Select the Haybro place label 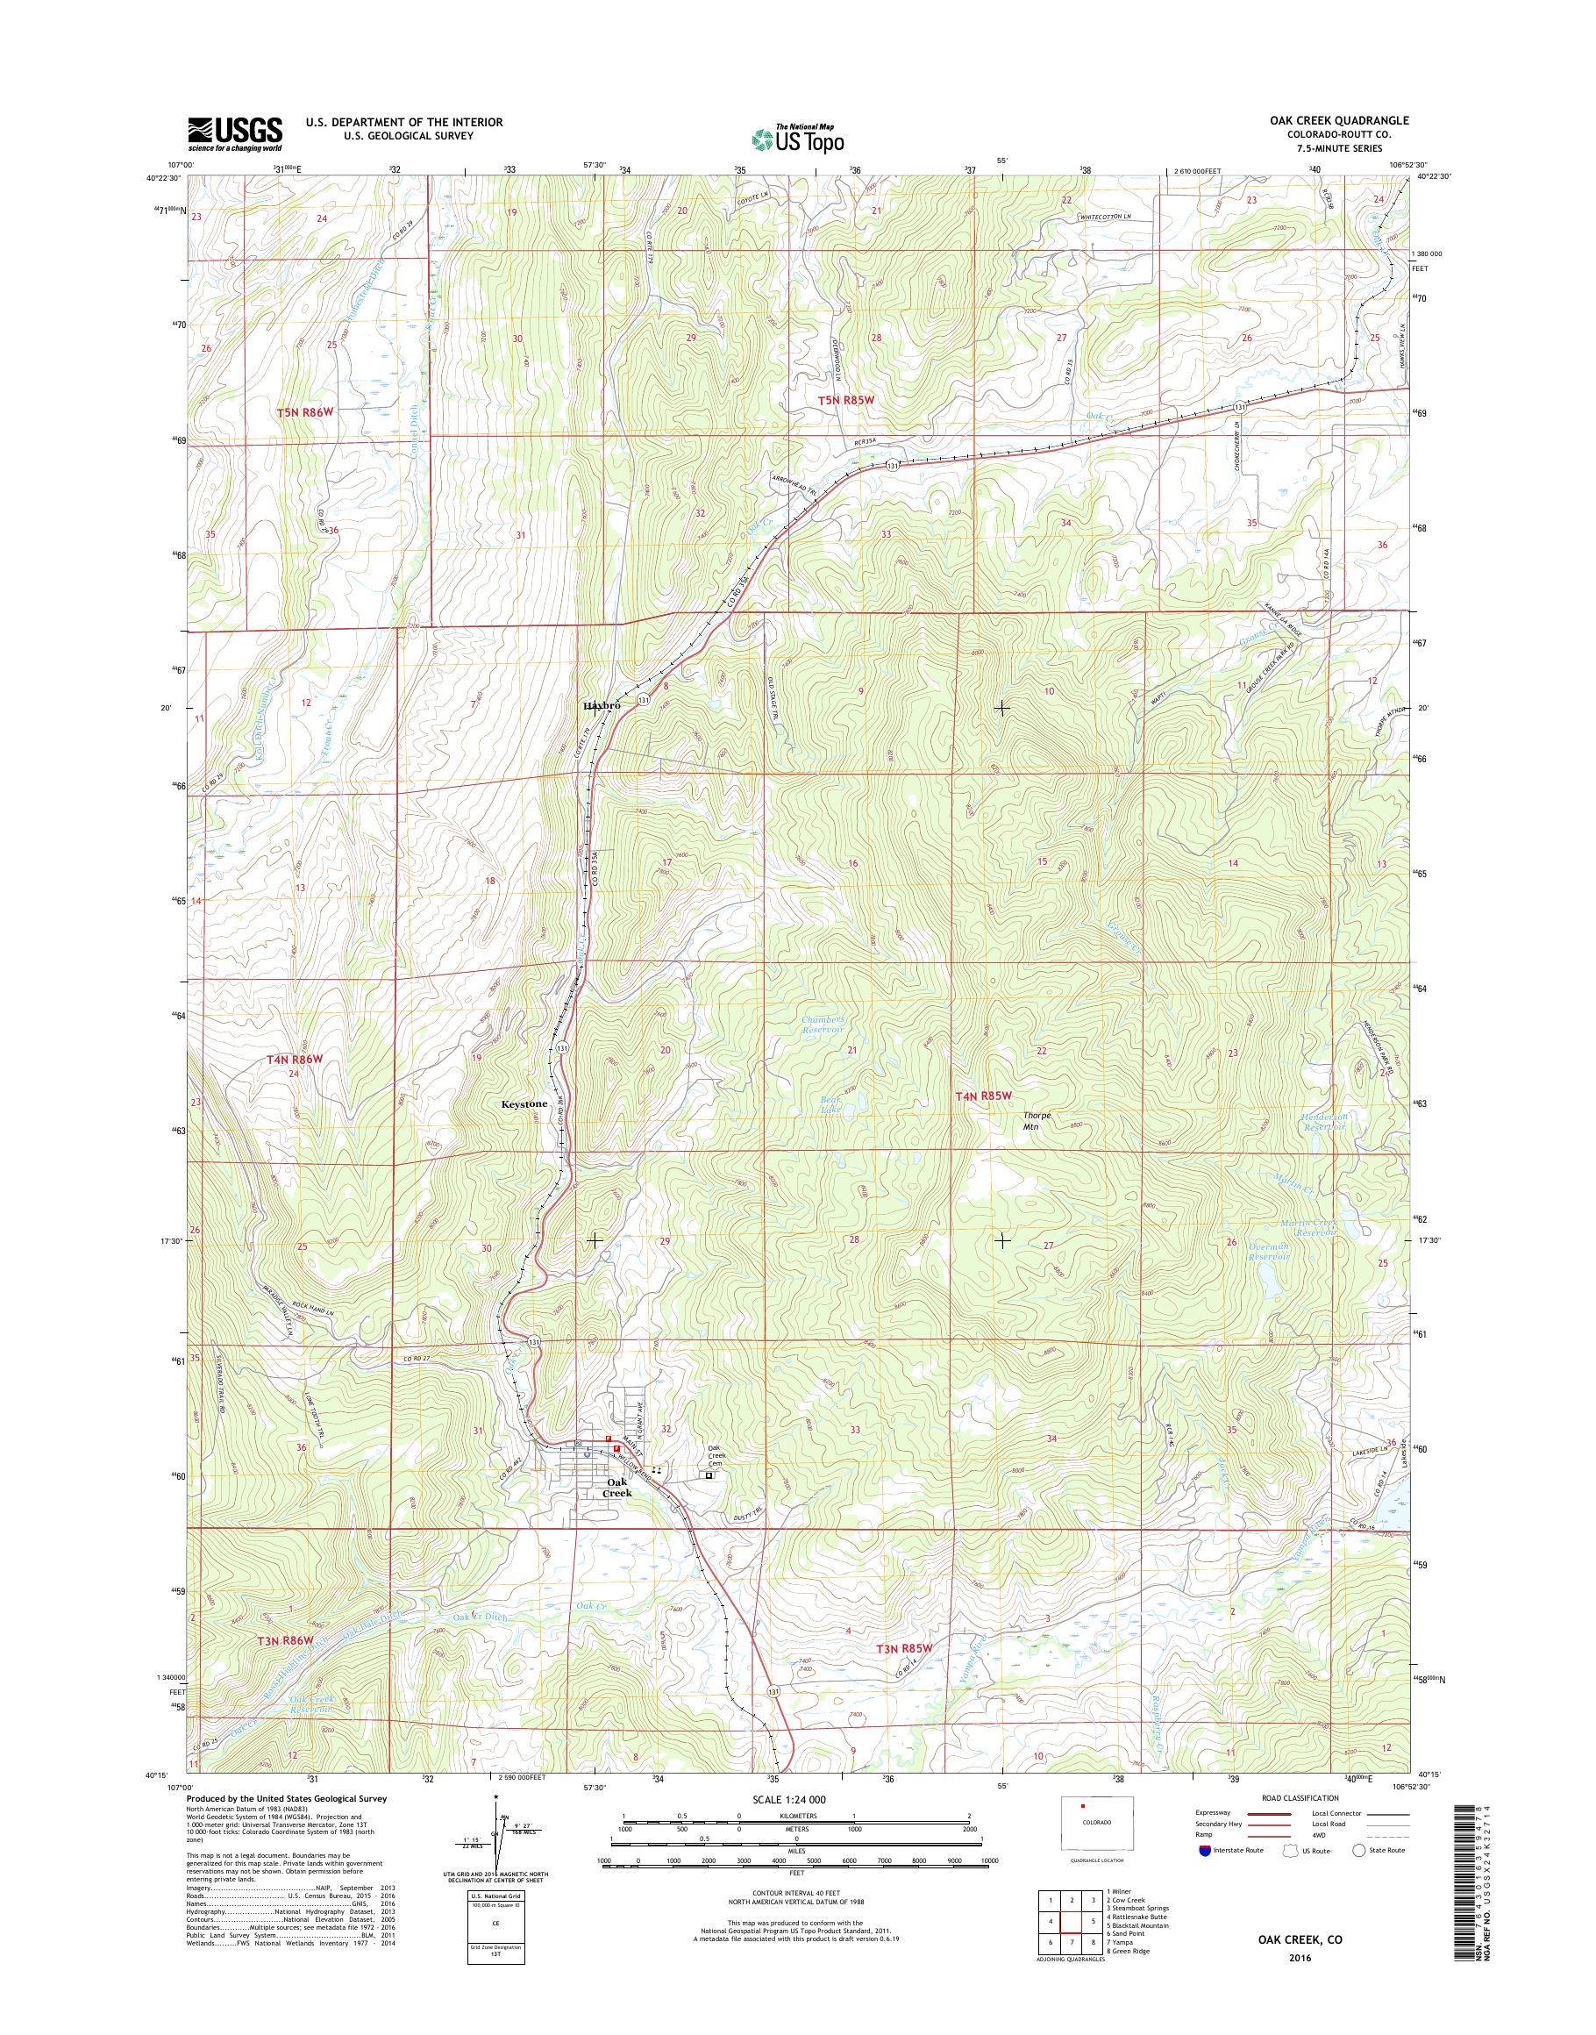click(x=602, y=706)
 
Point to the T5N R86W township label click(x=304, y=412)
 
